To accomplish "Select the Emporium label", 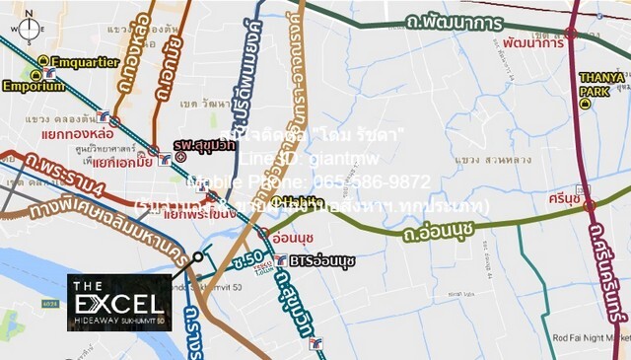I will pos(33,86).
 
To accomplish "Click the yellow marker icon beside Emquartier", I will pos(44,61).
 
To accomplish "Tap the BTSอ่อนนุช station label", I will pos(322,260).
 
